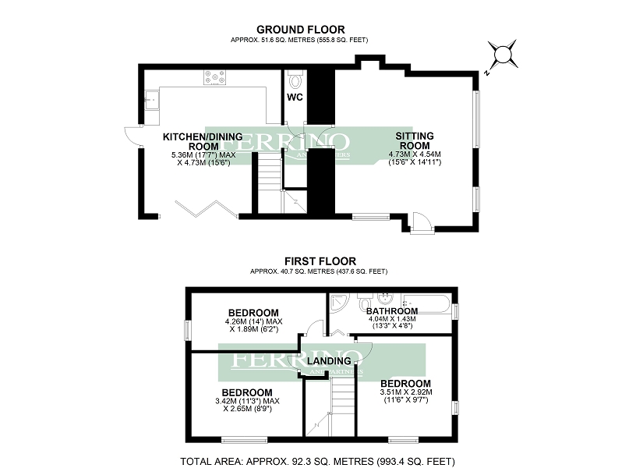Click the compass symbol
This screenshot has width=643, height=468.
(x=503, y=55)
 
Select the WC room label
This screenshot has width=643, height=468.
(x=295, y=97)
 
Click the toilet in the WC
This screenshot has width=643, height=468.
(x=294, y=80)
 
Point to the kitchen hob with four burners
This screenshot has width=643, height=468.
(x=215, y=77)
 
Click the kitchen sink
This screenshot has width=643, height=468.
(x=151, y=99)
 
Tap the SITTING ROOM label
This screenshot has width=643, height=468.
(x=415, y=140)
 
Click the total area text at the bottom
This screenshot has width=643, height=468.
(x=317, y=460)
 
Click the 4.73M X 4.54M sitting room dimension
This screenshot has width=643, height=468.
(x=415, y=154)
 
